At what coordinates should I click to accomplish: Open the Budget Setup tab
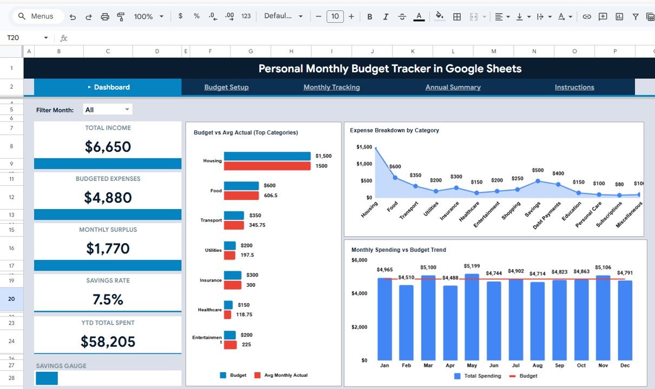pos(226,88)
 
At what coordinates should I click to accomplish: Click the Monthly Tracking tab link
pos(332,88)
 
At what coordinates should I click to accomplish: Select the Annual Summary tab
pos(453,88)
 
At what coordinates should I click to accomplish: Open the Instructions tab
pos(574,88)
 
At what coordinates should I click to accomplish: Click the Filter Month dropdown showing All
pos(108,110)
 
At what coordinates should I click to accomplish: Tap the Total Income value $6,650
pos(108,147)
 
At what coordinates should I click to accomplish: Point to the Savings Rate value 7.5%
pos(108,299)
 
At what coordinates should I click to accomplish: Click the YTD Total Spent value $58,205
pos(108,341)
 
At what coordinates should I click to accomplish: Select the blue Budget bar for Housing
pos(267,156)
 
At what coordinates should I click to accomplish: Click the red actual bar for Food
pos(241,195)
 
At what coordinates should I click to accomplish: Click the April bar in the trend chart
pos(450,323)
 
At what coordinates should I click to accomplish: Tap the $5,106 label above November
pos(603,267)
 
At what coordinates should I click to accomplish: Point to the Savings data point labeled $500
pos(538,181)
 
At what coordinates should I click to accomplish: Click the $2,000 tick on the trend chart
pos(359,327)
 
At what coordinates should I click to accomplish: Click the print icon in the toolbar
pos(105,17)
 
